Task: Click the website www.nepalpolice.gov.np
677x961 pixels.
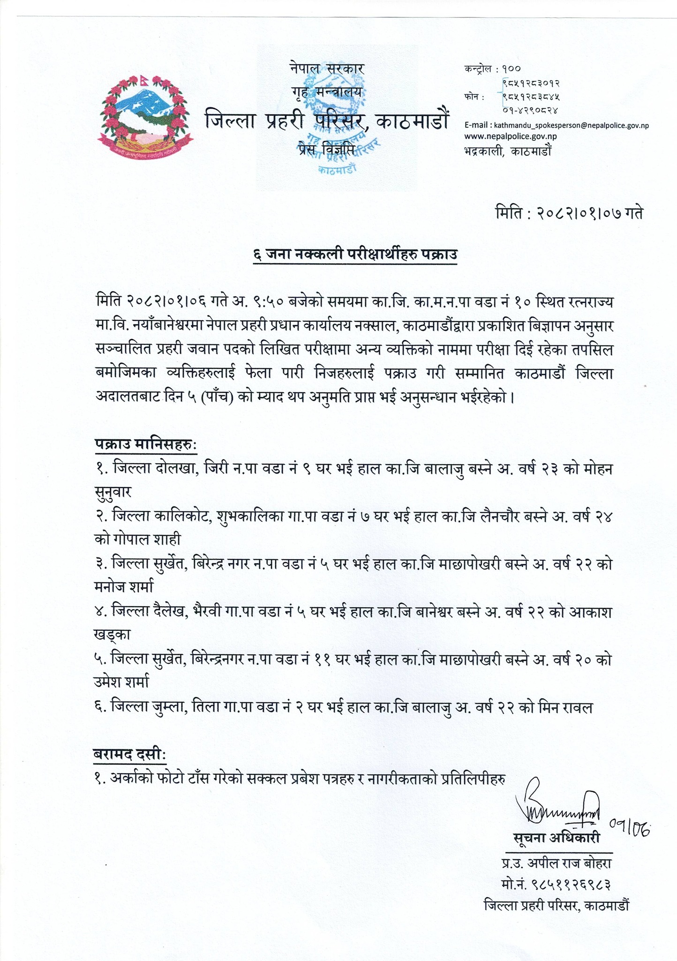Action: click(x=511, y=136)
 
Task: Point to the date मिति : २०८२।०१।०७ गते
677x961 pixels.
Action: click(x=569, y=214)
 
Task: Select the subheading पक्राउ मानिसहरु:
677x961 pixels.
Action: click(x=146, y=444)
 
